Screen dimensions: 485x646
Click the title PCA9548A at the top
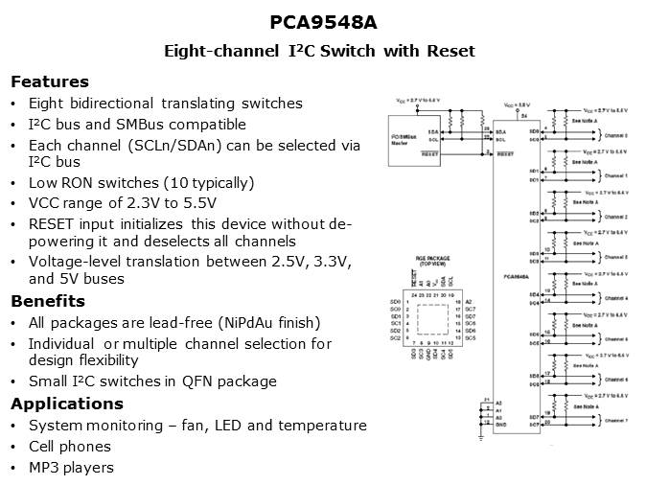(x=323, y=22)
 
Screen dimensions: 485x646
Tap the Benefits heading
(x=48, y=301)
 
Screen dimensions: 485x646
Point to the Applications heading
(x=64, y=403)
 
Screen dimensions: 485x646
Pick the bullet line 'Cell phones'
(x=69, y=447)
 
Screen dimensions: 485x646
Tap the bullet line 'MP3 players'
(x=71, y=468)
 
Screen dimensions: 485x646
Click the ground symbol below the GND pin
(x=480, y=437)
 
